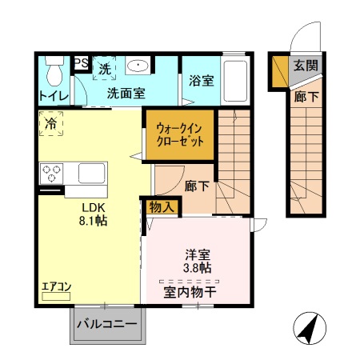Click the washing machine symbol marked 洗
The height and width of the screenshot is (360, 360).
click(x=105, y=69)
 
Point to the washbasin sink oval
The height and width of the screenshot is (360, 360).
click(x=138, y=66)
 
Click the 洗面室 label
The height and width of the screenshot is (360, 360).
click(x=126, y=93)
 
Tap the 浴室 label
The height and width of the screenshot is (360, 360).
click(x=202, y=80)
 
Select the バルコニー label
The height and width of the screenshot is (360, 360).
click(x=107, y=326)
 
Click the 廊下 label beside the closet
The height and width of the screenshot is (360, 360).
click(x=197, y=186)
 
